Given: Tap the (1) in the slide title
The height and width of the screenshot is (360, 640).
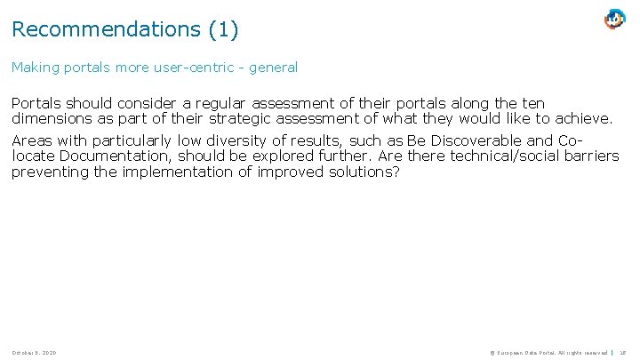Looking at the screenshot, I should pos(223,29).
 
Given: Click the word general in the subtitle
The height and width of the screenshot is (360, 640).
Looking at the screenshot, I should pos(273,68).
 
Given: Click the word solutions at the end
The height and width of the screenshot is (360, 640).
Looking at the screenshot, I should pos(367,172).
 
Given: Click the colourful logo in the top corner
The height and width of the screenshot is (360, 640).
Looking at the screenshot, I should pos(614,19).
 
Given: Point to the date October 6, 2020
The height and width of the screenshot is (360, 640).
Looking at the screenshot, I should pos(34,353).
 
